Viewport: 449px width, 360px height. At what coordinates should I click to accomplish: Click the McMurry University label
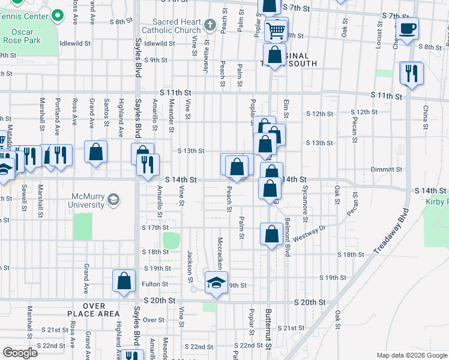coord(89,200)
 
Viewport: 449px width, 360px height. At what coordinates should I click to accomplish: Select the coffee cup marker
coord(407,29)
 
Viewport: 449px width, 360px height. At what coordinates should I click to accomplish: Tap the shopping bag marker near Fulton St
coord(124,281)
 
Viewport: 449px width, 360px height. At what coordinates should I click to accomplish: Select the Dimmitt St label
coord(387,170)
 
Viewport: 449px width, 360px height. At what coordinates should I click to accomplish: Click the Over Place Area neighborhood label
coord(94,310)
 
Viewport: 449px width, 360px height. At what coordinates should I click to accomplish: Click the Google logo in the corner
coord(20,352)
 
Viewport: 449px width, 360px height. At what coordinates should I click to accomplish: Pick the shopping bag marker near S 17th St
coord(271,234)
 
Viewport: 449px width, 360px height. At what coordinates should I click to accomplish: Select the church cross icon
coord(209,25)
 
